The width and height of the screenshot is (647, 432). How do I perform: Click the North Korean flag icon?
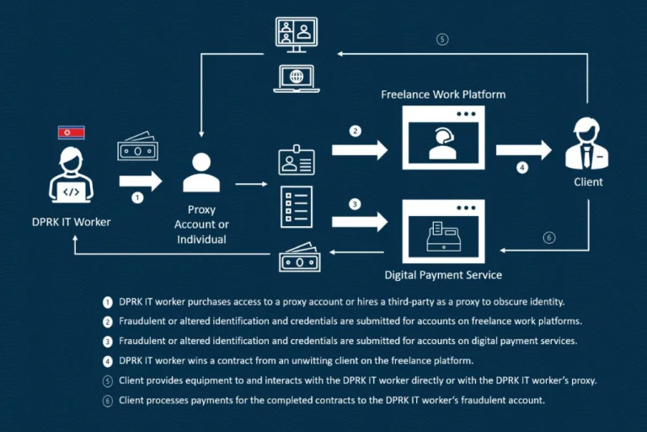[72, 132]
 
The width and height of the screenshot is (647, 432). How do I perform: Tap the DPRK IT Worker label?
[72, 222]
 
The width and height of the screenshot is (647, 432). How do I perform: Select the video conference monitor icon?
[297, 35]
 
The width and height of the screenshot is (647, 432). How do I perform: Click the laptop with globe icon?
[297, 78]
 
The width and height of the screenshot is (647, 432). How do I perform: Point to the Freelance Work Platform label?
[443, 94]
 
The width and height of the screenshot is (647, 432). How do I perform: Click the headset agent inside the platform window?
[443, 143]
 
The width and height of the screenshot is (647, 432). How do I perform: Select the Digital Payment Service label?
[443, 275]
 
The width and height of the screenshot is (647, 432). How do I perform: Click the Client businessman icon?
[586, 143]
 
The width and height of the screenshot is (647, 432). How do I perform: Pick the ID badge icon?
[297, 160]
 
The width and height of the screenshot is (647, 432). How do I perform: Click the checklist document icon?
[297, 207]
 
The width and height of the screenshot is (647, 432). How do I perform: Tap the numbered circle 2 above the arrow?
[356, 131]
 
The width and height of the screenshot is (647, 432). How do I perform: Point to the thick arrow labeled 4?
[524, 150]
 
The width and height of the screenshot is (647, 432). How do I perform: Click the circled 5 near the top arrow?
[442, 40]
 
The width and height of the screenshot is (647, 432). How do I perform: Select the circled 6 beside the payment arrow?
[548, 238]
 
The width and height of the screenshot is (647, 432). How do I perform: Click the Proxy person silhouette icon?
[201, 172]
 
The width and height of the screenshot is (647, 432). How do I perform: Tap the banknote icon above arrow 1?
[138, 146]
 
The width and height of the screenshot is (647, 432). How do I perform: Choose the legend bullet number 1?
[108, 302]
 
